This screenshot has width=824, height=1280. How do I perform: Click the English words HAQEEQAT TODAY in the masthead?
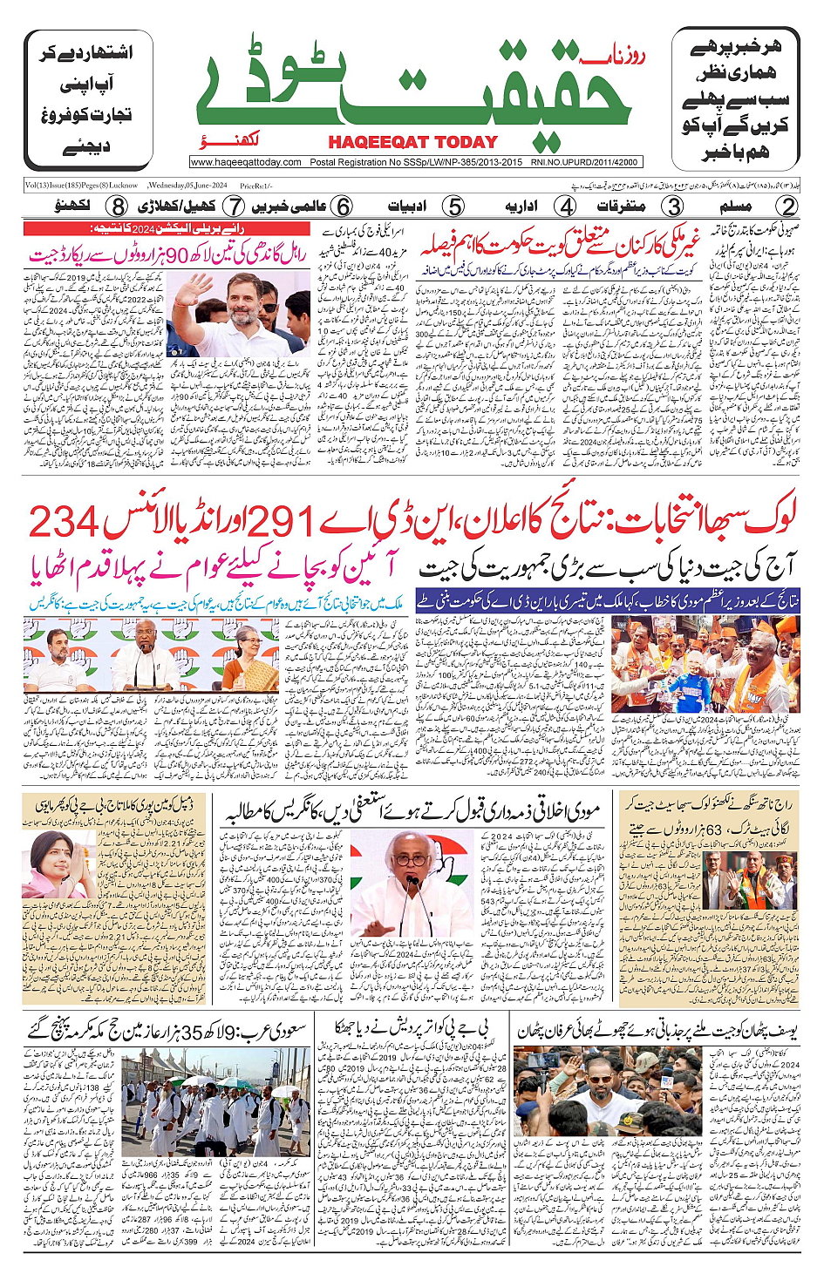click(412, 142)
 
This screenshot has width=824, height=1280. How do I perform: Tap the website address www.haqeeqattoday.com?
click(246, 162)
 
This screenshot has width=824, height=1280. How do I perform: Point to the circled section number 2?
click(787, 207)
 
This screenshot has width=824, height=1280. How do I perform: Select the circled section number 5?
click(453, 207)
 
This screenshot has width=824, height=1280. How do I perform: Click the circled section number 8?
click(118, 207)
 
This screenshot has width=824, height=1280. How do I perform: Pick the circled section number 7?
click(234, 207)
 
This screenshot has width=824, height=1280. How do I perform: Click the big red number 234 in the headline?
click(65, 523)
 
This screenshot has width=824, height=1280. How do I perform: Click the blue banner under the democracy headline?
click(608, 600)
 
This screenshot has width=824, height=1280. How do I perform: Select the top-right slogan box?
click(735, 100)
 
